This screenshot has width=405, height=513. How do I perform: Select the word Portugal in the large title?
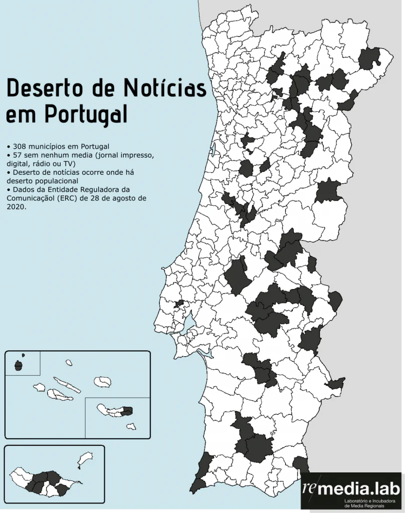coord(85,114)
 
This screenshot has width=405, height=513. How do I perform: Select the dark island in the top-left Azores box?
coord(19,366)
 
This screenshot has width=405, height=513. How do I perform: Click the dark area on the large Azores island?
coord(127,411)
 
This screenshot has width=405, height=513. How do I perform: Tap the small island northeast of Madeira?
coord(86,458)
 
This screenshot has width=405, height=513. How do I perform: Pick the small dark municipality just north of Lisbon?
coord(179,304)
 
